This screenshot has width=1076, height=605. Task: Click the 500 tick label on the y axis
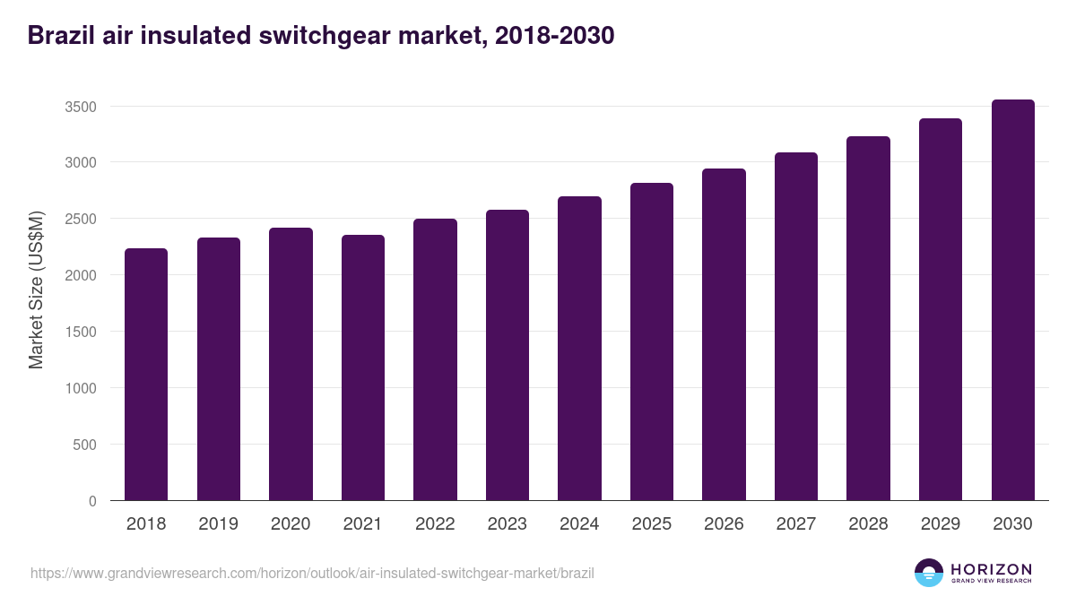click(85, 445)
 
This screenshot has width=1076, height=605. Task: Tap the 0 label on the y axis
click(92, 501)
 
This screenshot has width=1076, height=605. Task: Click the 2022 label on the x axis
click(435, 524)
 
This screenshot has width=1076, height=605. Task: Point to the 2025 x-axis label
click(651, 524)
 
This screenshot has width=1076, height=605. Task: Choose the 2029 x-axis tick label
click(940, 524)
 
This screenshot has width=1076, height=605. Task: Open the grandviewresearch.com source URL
click(312, 573)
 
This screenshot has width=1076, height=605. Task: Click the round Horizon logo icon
click(929, 573)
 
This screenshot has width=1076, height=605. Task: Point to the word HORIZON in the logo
click(991, 568)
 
